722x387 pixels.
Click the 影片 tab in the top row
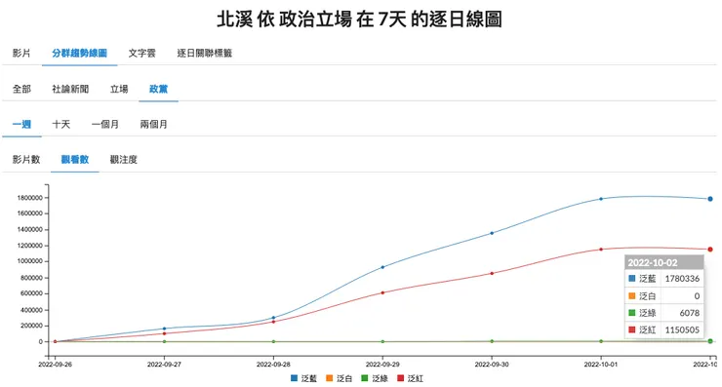(x=21, y=53)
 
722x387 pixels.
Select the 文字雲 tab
(x=143, y=53)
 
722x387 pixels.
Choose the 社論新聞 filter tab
(x=70, y=89)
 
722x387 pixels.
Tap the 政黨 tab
(x=158, y=89)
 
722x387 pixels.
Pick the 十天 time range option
(x=61, y=124)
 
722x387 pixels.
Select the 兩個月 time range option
(x=154, y=124)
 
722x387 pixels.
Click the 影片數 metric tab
(x=26, y=159)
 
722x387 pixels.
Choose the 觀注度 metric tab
(x=124, y=159)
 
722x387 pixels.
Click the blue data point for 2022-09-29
(x=382, y=267)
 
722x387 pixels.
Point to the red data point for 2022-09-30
(x=492, y=273)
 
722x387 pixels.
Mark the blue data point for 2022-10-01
(x=601, y=199)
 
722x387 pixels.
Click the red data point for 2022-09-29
(x=382, y=292)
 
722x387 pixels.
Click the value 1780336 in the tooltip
(x=682, y=279)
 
